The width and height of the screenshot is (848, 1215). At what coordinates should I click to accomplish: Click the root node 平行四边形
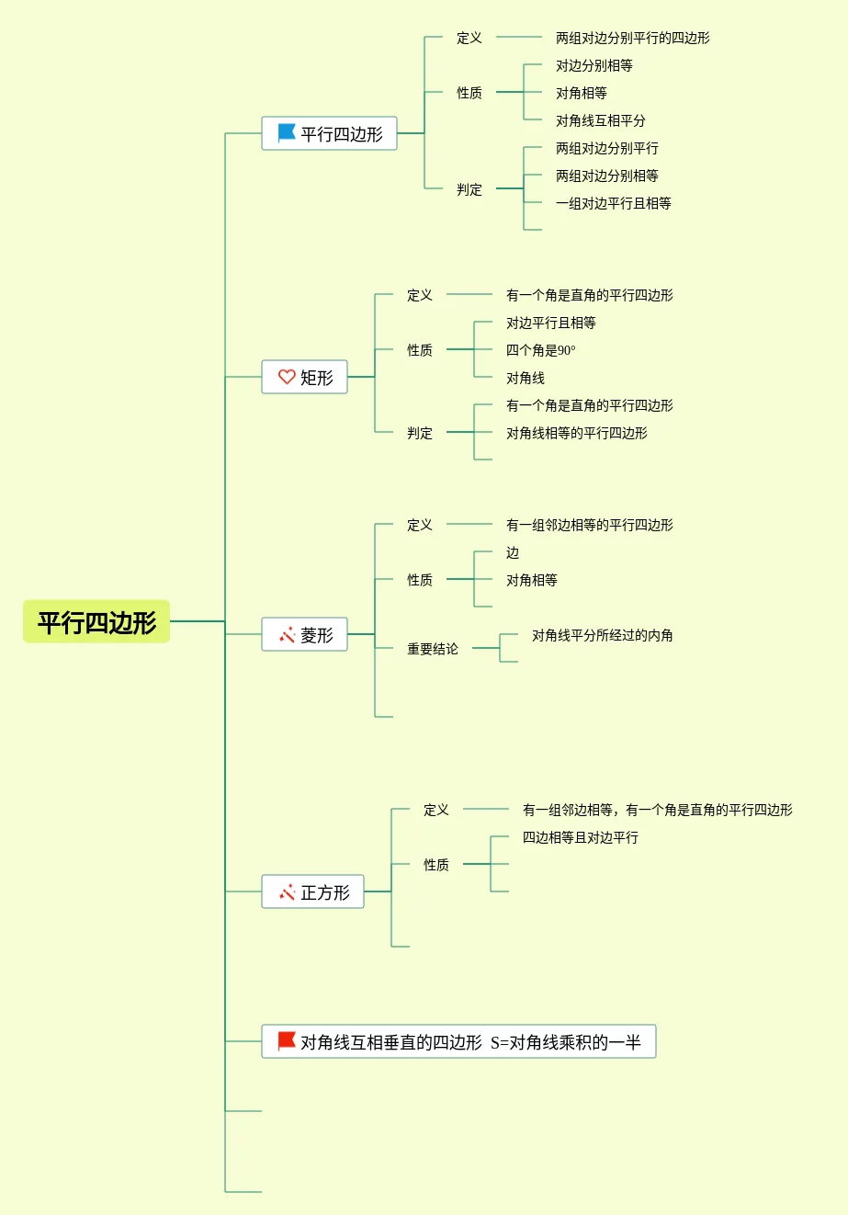tap(96, 622)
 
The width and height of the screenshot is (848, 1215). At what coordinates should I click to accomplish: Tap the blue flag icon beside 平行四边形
tap(287, 133)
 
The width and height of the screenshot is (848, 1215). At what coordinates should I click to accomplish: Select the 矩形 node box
tap(305, 377)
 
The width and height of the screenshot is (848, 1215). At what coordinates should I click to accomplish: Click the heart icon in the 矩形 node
tap(287, 377)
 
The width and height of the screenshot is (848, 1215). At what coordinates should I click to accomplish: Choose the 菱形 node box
tap(305, 634)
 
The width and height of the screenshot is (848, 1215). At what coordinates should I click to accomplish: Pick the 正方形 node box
tap(313, 891)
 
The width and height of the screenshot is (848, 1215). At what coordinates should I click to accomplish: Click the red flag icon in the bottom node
tap(287, 1041)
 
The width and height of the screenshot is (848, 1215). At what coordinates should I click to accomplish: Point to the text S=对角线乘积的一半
tap(566, 1042)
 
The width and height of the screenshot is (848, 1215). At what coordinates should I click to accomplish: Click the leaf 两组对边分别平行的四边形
tap(632, 38)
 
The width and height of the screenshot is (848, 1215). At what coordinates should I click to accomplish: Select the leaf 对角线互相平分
tap(600, 120)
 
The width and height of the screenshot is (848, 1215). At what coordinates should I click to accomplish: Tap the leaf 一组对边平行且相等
tap(613, 203)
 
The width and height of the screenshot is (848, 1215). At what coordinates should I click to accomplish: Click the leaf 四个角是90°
tap(540, 350)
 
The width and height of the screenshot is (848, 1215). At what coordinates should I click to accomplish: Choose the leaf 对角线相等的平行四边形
tap(576, 433)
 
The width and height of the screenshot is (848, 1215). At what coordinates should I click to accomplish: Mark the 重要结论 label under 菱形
tap(433, 649)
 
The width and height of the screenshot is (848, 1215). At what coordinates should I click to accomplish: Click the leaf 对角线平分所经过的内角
tap(602, 635)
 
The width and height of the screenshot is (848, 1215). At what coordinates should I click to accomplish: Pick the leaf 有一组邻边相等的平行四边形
tap(589, 525)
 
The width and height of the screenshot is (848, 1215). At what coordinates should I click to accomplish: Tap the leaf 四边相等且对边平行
tap(580, 837)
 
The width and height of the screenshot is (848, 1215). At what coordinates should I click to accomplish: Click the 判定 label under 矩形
tap(420, 433)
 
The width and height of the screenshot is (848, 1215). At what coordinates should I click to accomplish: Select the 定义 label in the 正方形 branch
tap(436, 810)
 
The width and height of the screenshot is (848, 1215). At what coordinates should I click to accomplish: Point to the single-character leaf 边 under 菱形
tap(513, 552)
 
